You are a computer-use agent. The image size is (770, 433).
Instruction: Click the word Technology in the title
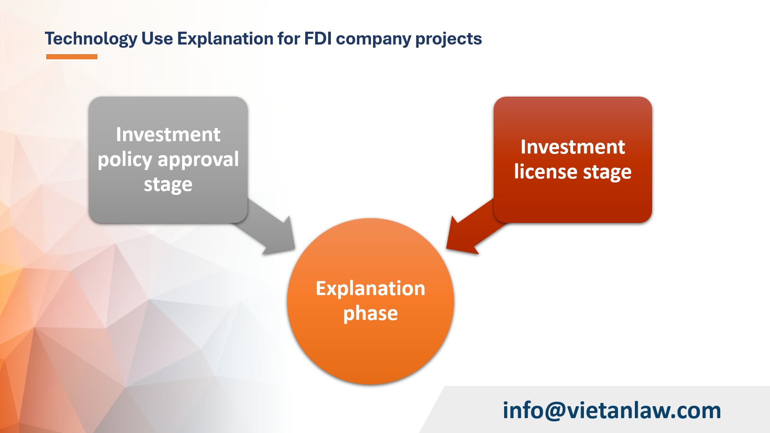pos(91,39)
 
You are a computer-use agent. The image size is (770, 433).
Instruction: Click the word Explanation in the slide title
pos(225,39)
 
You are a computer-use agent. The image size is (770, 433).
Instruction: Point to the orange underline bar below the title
pos(72,57)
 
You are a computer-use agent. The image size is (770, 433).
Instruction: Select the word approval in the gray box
pos(198,160)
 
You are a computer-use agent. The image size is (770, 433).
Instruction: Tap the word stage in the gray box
pos(168,184)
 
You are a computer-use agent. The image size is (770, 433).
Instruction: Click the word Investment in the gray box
pos(168,134)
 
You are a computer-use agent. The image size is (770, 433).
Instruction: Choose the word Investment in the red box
pos(573,147)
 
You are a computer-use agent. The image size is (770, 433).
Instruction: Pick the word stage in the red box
pos(607,172)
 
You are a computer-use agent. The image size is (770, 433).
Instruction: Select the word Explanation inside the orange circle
pos(370,288)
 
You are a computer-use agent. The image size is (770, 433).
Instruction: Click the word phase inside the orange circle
pos(370,313)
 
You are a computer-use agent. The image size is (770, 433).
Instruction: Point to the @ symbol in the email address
pos(555,411)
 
